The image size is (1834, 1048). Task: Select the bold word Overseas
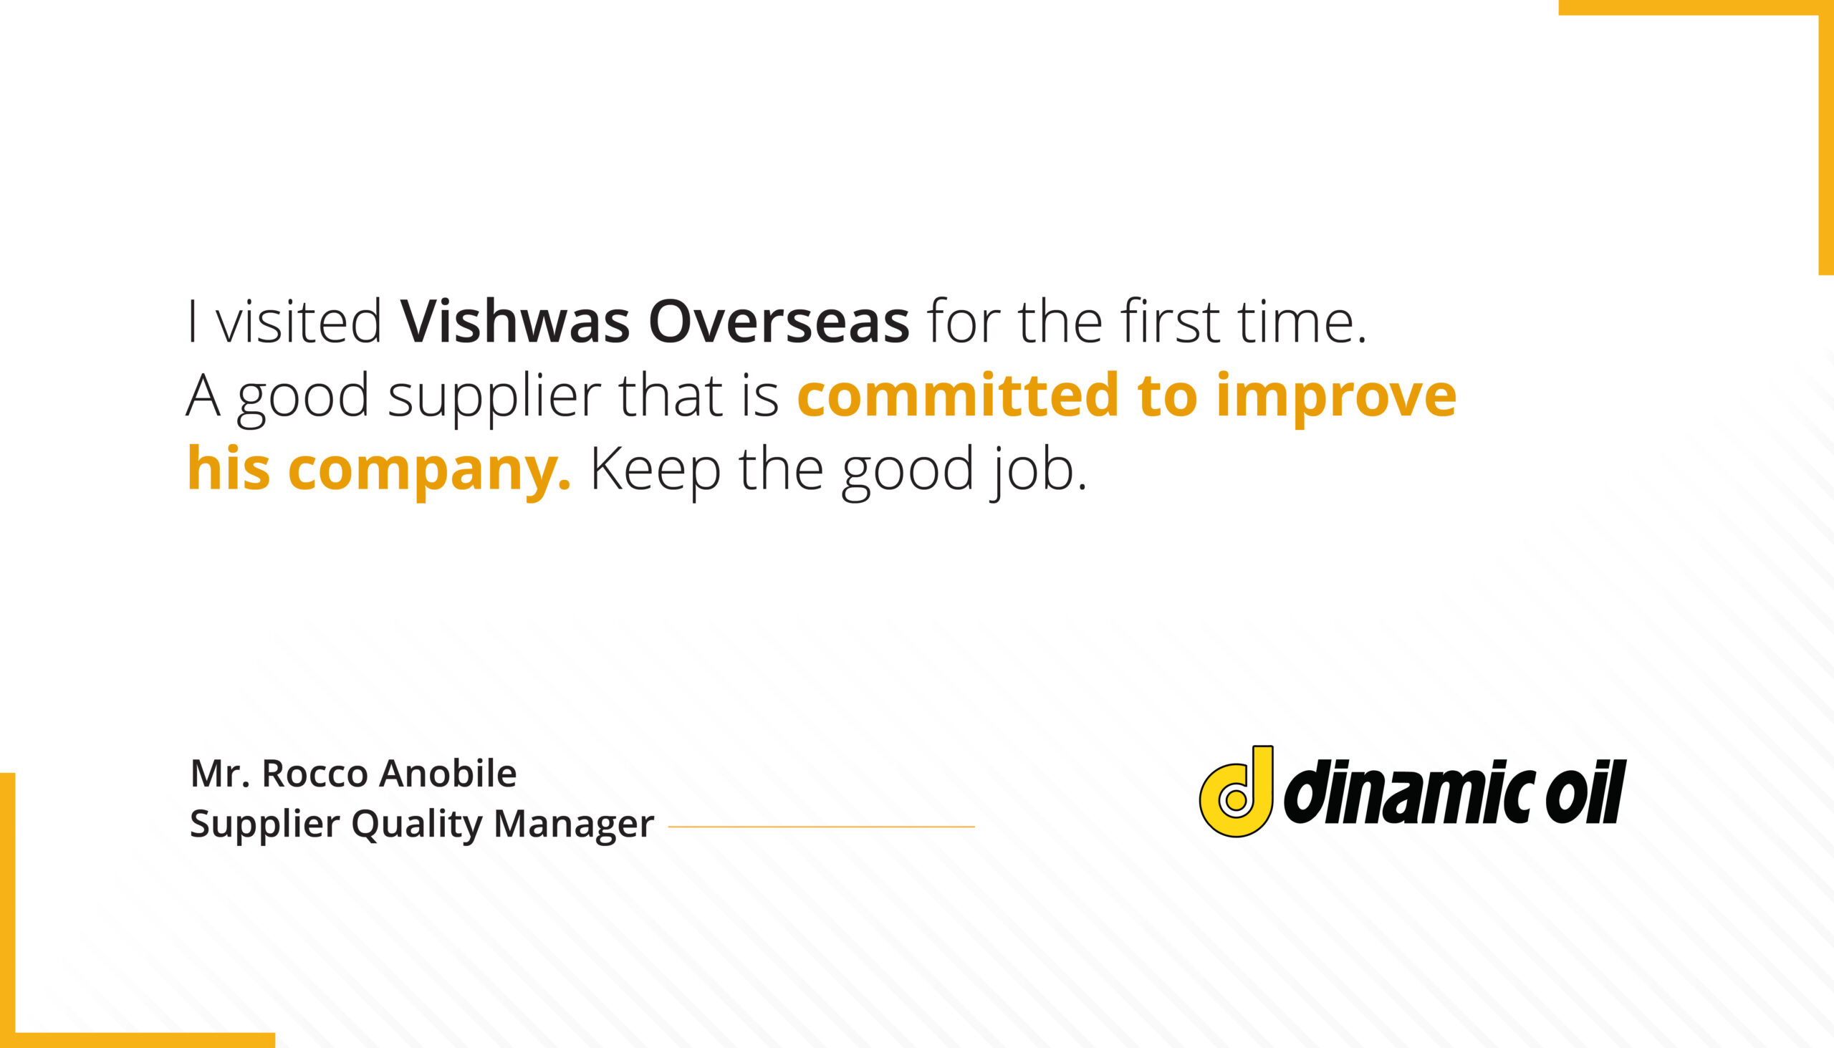click(x=779, y=321)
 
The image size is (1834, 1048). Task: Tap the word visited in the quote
click(x=299, y=321)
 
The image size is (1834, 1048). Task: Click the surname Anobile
click(x=448, y=774)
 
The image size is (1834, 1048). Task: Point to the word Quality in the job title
click(x=417, y=825)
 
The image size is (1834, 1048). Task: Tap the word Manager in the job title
click(x=574, y=825)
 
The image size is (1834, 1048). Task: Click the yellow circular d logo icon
click(x=1236, y=792)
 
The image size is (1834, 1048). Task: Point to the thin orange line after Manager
click(x=821, y=827)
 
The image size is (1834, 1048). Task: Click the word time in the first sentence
click(x=1301, y=321)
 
